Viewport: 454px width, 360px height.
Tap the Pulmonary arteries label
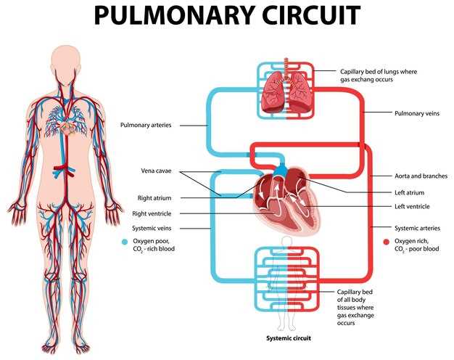[x=146, y=126]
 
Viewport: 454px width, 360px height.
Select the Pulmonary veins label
[x=417, y=113]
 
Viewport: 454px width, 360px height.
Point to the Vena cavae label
[x=156, y=171]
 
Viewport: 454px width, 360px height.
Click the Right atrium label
[x=154, y=198]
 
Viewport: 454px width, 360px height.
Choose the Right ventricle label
[x=152, y=213]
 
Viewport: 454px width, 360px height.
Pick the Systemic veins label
[x=152, y=228]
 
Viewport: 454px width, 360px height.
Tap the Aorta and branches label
[x=421, y=176]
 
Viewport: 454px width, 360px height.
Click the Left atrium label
[x=410, y=192]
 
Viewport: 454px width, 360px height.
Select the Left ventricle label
[x=412, y=206]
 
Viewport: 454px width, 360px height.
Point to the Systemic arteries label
[x=417, y=228]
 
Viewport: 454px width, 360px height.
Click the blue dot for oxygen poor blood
[x=125, y=242]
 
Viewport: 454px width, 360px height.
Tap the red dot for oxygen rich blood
[x=386, y=242]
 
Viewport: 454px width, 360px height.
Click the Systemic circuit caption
[x=289, y=338]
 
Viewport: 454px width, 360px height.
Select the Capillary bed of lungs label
[x=379, y=75]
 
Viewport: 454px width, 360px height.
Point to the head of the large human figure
[x=66, y=64]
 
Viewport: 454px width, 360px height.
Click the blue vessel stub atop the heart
[x=280, y=171]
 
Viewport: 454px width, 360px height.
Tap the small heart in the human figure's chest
[x=67, y=128]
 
